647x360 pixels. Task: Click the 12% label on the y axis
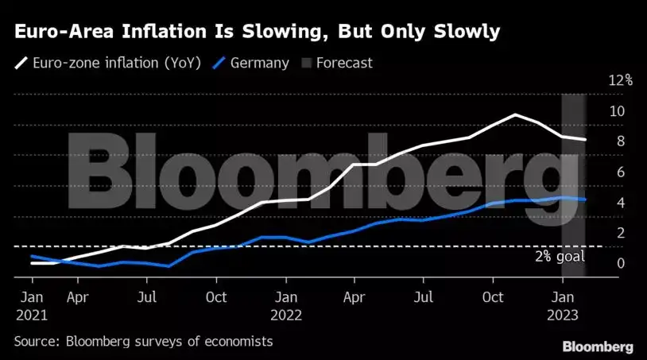click(x=620, y=80)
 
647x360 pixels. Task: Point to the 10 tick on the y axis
click(x=617, y=111)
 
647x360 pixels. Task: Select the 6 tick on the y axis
click(x=617, y=172)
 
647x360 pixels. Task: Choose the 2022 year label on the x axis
click(x=287, y=314)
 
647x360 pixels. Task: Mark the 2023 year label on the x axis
click(x=563, y=314)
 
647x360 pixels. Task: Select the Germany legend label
click(x=260, y=63)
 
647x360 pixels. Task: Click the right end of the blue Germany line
click(x=586, y=199)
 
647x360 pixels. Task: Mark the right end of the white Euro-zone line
click(x=586, y=140)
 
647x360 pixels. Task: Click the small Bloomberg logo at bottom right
click(x=598, y=346)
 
